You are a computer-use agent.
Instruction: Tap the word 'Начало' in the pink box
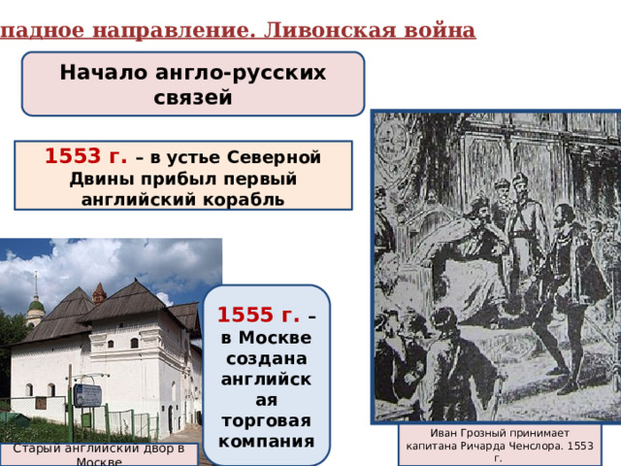[106, 73]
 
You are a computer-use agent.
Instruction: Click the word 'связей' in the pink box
[193, 97]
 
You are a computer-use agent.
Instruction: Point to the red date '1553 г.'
[83, 156]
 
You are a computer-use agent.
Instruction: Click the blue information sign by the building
[87, 395]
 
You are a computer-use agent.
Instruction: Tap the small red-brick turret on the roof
[99, 292]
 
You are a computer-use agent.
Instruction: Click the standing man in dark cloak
[563, 291]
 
